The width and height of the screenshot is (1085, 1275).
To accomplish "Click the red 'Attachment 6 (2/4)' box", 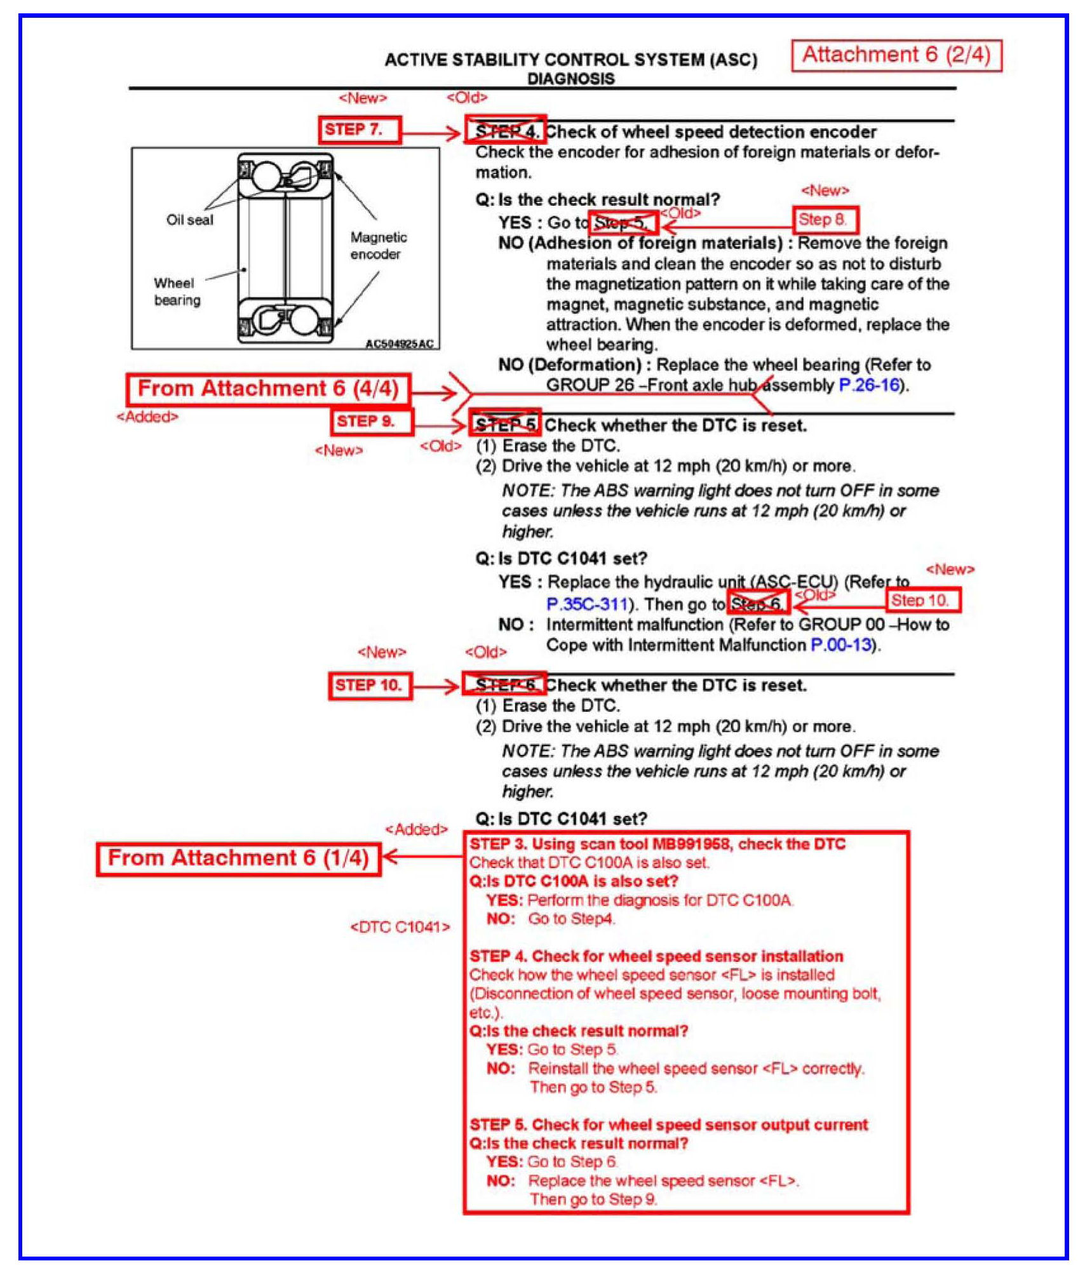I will click(896, 55).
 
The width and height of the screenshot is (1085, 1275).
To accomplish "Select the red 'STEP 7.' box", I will click(360, 130).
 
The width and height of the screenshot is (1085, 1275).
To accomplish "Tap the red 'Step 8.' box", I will click(825, 220).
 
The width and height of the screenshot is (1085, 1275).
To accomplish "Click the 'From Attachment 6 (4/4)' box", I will click(268, 389).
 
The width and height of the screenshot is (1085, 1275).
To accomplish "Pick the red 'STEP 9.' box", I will click(372, 421).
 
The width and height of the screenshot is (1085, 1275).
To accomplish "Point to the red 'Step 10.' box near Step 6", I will click(922, 600).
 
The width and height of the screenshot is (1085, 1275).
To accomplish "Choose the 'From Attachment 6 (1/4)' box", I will click(238, 858).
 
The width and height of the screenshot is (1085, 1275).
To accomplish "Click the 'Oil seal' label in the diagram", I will click(189, 220).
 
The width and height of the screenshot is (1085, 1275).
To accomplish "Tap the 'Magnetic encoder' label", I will click(379, 245).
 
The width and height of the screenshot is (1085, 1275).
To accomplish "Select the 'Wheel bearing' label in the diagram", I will click(177, 291).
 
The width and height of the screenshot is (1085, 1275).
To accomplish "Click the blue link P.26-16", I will click(869, 385).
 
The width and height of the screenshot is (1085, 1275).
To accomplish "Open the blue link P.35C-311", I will click(587, 604).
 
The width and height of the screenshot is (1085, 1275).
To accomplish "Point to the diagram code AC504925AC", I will click(399, 344).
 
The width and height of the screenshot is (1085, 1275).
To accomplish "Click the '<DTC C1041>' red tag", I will click(400, 927).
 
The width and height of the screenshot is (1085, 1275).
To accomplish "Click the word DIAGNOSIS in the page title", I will click(570, 79).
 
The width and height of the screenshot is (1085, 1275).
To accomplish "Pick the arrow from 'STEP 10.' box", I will click(436, 686).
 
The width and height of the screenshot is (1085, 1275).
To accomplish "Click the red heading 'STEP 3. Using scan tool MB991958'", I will click(657, 844).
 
